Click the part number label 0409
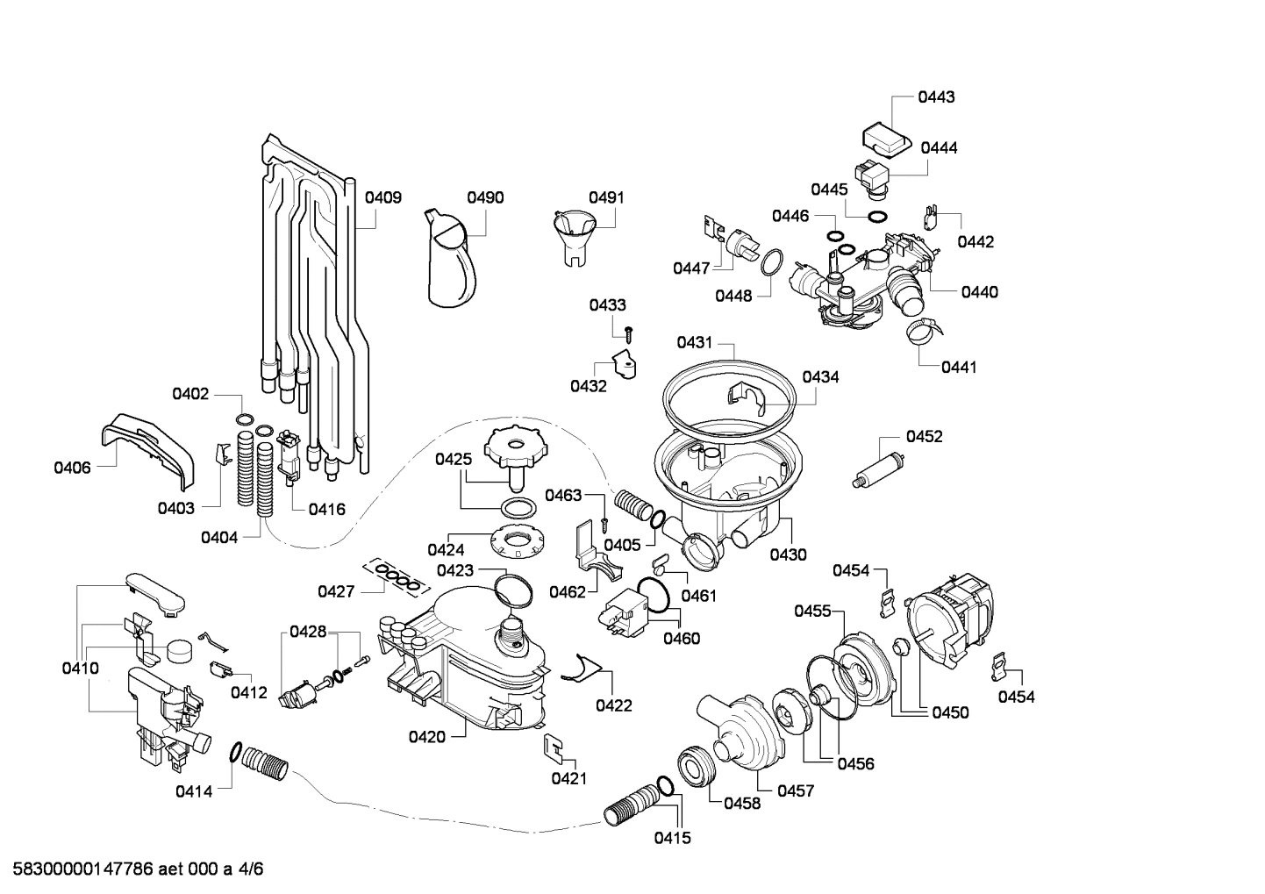pyautogui.click(x=383, y=197)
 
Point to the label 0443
pyautogui.click(x=936, y=97)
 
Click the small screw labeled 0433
pyautogui.click(x=629, y=333)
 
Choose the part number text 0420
pyautogui.click(x=426, y=737)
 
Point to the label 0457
pyautogui.click(x=796, y=790)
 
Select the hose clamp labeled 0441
pyautogui.click(x=918, y=331)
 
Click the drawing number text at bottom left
pyautogui.click(x=132, y=869)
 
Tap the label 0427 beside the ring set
pyautogui.click(x=336, y=591)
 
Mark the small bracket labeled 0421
pyautogui.click(x=554, y=747)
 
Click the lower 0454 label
pyautogui.click(x=1016, y=697)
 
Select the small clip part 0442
pyautogui.click(x=933, y=214)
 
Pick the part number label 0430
pyautogui.click(x=788, y=554)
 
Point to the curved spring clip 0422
pyautogui.click(x=579, y=669)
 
